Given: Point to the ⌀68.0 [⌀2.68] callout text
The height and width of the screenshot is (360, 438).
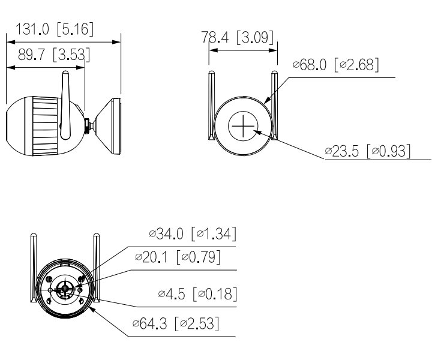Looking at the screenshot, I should [x=335, y=65].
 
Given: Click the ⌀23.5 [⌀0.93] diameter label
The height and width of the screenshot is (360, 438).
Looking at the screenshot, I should [x=368, y=151].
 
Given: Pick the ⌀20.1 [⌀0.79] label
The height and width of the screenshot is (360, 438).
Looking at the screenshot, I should [x=177, y=258].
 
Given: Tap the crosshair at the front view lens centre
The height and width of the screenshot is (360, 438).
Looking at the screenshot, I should [x=242, y=127].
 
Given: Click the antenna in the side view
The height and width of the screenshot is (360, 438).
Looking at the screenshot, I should [x=67, y=102].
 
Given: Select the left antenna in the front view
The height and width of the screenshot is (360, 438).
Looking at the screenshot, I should [x=211, y=106].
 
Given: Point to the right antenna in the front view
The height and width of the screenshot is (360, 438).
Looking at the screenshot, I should [x=275, y=106].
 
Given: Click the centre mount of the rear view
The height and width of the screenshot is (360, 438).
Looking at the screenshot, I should [x=64, y=289].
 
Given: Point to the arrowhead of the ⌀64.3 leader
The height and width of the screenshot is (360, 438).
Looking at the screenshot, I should [x=91, y=310].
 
